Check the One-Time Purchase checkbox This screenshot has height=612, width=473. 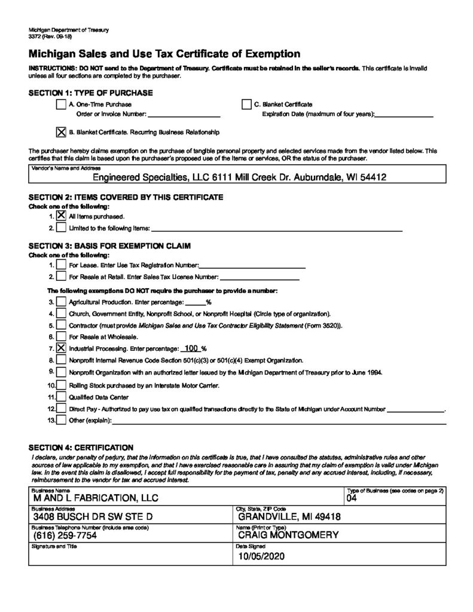pyautogui.click(x=60, y=105)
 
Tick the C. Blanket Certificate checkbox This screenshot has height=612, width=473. pyautogui.click(x=246, y=105)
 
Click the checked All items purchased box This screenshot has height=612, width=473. pyautogui.click(x=61, y=216)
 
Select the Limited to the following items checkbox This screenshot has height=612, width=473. pyautogui.click(x=61, y=228)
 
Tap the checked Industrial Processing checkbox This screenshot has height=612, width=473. pyautogui.click(x=61, y=348)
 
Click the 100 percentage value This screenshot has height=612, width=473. pyautogui.click(x=191, y=348)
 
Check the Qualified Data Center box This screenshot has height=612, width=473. pyautogui.click(x=61, y=397)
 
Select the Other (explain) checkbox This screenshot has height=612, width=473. pyautogui.click(x=61, y=420)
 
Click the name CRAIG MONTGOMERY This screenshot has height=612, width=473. pyautogui.click(x=288, y=535)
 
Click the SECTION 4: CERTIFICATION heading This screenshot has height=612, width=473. pyautogui.click(x=81, y=447)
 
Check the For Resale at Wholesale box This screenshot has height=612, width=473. pyautogui.click(x=61, y=336)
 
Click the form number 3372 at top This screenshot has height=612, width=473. pyautogui.click(x=36, y=36)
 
